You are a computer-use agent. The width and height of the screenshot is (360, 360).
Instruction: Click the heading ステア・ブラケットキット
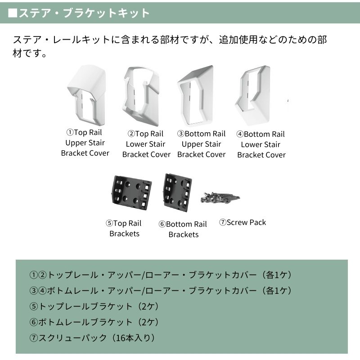pyautogui.click(x=79, y=13)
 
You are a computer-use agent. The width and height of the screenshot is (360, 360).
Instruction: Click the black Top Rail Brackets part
pyautogui.click(x=131, y=191)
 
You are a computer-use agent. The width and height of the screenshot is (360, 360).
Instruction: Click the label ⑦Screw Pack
pyautogui.click(x=243, y=222)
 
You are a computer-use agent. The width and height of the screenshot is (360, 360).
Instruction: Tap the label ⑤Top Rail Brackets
pyautogui.click(x=124, y=229)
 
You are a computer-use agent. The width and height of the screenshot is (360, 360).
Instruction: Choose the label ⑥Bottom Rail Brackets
pyautogui.click(x=183, y=229)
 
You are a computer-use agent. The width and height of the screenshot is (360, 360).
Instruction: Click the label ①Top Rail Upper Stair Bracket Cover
pyautogui.click(x=85, y=143)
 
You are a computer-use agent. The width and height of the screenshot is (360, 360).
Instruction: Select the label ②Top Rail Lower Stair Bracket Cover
pyautogui.click(x=146, y=144)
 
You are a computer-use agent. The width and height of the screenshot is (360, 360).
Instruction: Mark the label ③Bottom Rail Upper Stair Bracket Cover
pyautogui.click(x=201, y=144)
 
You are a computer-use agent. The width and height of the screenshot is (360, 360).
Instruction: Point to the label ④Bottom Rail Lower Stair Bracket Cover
pyautogui.click(x=261, y=144)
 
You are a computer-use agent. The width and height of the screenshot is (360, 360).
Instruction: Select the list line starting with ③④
pyautogui.click(x=161, y=290)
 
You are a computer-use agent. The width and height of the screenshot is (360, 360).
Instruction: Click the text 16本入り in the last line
pyautogui.click(x=135, y=337)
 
